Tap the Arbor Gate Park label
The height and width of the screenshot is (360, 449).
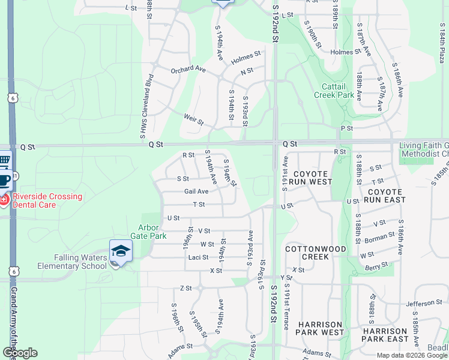(x=152, y=232)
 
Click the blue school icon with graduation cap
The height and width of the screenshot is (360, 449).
(x=121, y=251)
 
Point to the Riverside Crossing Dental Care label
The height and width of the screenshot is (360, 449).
(x=44, y=200)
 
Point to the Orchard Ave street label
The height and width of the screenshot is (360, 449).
(x=188, y=70)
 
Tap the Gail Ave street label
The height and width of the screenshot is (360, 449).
(x=196, y=191)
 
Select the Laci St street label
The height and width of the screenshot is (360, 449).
(x=198, y=257)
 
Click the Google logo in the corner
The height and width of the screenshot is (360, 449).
(x=19, y=353)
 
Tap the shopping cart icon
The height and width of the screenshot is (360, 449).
(x=4, y=160)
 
